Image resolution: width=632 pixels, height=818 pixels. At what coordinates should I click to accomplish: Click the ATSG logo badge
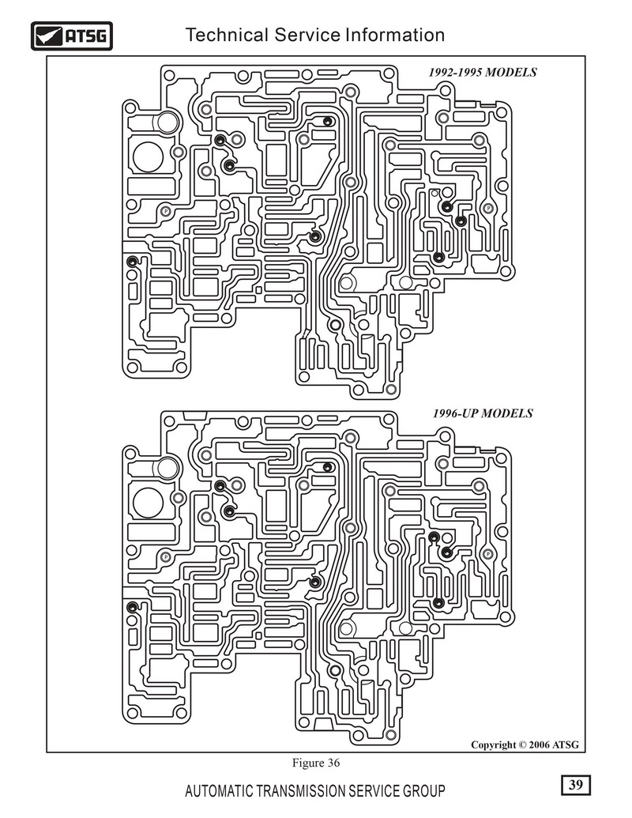click(x=71, y=36)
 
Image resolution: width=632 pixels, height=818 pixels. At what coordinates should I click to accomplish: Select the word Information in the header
click(x=395, y=35)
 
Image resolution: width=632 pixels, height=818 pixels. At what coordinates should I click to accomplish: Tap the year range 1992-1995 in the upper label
click(x=455, y=73)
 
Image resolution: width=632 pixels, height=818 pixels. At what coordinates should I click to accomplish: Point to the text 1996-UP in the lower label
click(x=455, y=413)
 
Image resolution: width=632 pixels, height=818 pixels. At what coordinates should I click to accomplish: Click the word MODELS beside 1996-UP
click(x=507, y=413)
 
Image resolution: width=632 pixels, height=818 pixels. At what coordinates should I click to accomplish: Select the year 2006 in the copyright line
click(x=540, y=745)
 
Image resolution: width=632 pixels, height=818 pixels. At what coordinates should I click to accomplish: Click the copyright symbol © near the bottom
click(x=522, y=745)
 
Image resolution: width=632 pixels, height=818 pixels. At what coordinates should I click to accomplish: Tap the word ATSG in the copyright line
click(x=566, y=745)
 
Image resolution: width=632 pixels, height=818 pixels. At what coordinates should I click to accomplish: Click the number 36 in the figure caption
click(x=333, y=763)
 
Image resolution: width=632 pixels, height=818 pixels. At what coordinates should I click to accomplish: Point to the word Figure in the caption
click(x=307, y=763)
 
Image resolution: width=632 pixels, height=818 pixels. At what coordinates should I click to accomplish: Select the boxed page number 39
click(x=576, y=785)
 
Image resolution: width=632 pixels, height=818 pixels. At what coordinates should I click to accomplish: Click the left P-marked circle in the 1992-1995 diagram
click(x=166, y=211)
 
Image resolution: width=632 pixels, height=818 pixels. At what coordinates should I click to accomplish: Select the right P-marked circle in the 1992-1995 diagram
click(x=488, y=209)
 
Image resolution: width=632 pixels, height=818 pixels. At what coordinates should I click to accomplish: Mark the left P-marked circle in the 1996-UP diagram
click(x=166, y=557)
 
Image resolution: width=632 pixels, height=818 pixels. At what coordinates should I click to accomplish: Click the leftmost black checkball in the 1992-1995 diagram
click(x=132, y=261)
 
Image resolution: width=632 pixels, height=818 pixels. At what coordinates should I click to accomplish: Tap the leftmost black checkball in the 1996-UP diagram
click(x=133, y=607)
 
